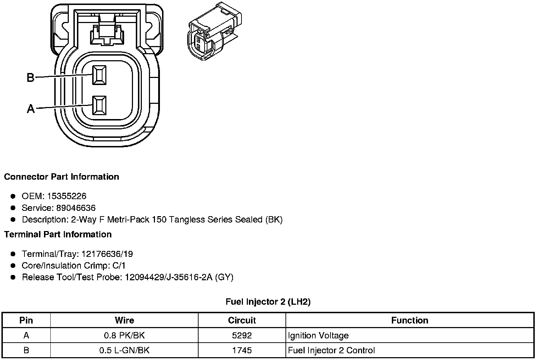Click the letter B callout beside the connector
pos(30,77)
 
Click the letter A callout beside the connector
pos(31,108)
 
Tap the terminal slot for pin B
pos(99,75)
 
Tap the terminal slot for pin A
pos(99,105)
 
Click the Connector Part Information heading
pos(61,177)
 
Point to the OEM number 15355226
pos(67,196)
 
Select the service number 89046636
pos(76,208)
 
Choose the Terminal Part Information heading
pos(58,235)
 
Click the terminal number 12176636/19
pos(107,254)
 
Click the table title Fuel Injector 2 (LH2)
pos(268,302)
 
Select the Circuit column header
pos(242,320)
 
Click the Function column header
pos(410,320)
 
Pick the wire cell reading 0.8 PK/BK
pos(124,336)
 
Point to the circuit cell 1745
pos(242,350)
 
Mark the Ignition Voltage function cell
pos(318,336)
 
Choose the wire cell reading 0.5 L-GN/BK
pos(124,350)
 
